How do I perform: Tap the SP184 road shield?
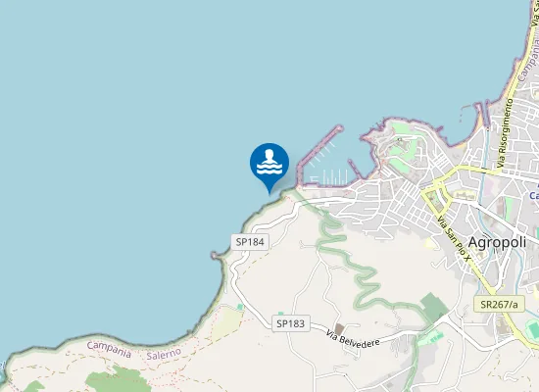[250, 241]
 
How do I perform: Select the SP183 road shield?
[291, 323]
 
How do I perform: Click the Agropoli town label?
[499, 243]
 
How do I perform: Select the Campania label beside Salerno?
[109, 346]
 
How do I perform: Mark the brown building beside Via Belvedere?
[339, 329]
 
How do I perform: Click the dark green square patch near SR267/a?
[435, 308]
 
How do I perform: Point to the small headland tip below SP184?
[214, 255]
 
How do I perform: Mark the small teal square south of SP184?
[240, 308]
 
